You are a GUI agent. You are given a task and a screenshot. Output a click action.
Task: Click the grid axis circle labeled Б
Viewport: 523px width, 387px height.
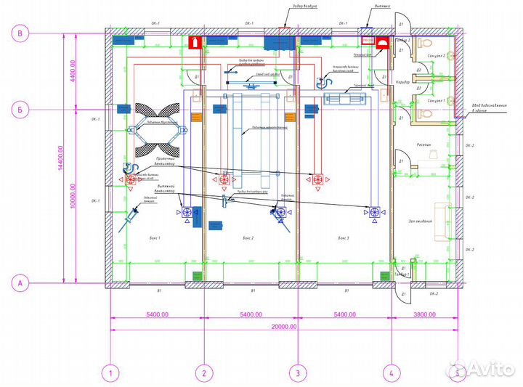coord(22,110)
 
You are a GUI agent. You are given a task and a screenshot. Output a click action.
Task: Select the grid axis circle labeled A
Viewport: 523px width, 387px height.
coord(22,282)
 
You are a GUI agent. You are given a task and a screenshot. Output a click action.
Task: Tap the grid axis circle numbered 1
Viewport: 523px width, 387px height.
coord(110,374)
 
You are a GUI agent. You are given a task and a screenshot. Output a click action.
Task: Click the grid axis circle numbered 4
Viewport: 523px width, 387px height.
coord(391,374)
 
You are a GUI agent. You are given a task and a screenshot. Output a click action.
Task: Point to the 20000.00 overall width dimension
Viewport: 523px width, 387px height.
coord(284,327)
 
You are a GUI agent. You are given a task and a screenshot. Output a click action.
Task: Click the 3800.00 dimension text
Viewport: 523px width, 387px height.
coord(423,315)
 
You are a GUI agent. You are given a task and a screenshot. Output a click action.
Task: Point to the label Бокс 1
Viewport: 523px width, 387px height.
coord(153,237)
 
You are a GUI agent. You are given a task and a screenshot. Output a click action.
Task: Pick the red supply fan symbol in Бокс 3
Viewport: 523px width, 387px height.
coord(317,179)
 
